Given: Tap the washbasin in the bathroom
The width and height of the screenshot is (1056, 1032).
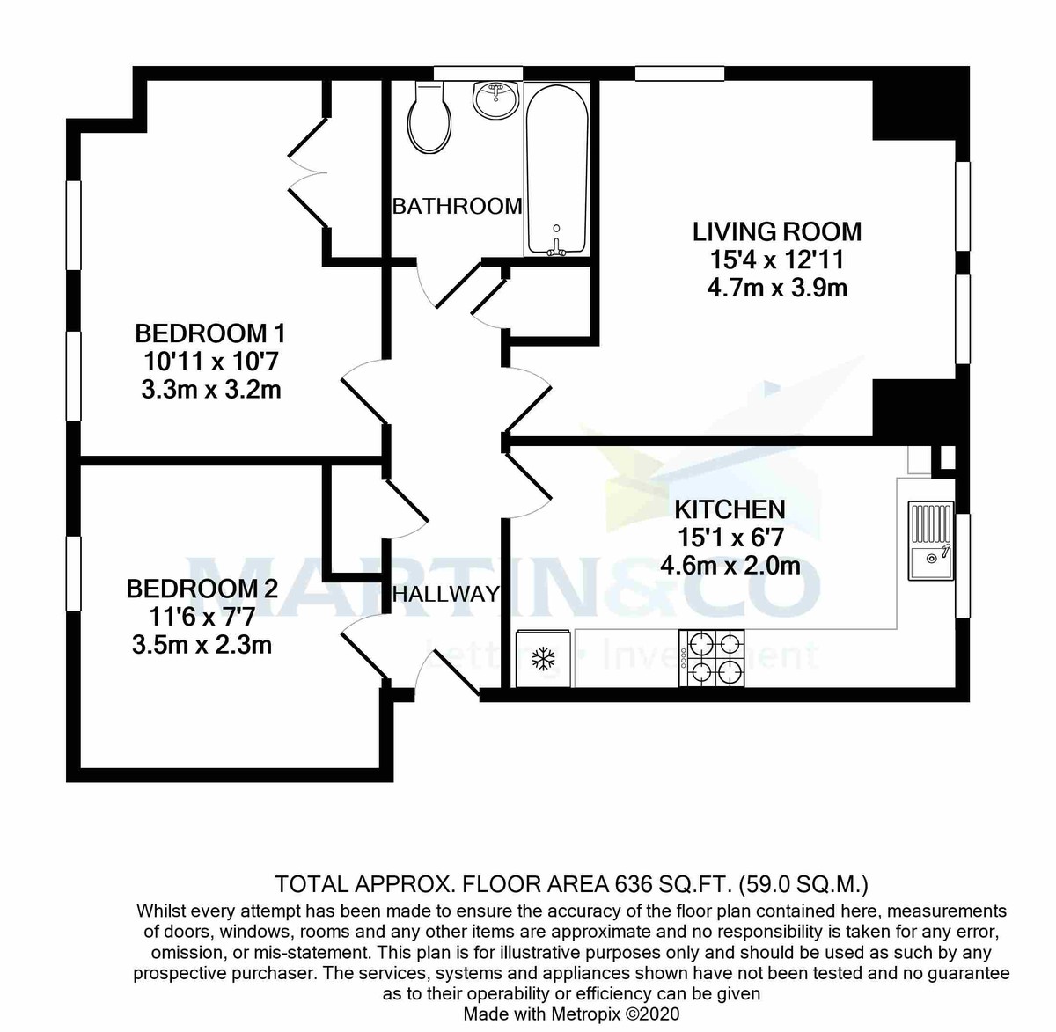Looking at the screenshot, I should coord(497,99).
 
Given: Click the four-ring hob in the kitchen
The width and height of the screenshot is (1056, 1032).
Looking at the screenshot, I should coord(712,658).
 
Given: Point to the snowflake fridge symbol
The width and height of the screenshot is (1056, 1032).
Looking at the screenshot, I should coord(544,658).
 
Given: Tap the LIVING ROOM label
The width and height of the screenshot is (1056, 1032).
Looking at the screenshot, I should coord(777,232).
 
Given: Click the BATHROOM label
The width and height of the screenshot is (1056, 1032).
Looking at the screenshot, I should coord(457,206).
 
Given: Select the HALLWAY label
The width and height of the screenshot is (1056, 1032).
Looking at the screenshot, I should coord(445,594).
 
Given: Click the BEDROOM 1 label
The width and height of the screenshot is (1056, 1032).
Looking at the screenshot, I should coord(209,333).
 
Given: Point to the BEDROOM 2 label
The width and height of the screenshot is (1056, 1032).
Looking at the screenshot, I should coord(202,589).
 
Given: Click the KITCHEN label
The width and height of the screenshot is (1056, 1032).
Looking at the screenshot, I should coord(730,509).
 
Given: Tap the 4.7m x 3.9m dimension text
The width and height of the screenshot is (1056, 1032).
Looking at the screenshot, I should coord(777,288).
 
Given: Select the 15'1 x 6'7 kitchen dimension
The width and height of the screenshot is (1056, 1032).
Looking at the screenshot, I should coord(730,537).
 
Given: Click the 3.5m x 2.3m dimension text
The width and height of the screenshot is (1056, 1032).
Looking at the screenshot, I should coord(202,645).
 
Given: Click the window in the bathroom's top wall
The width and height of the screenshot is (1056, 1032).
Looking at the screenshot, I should coord(466,73).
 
